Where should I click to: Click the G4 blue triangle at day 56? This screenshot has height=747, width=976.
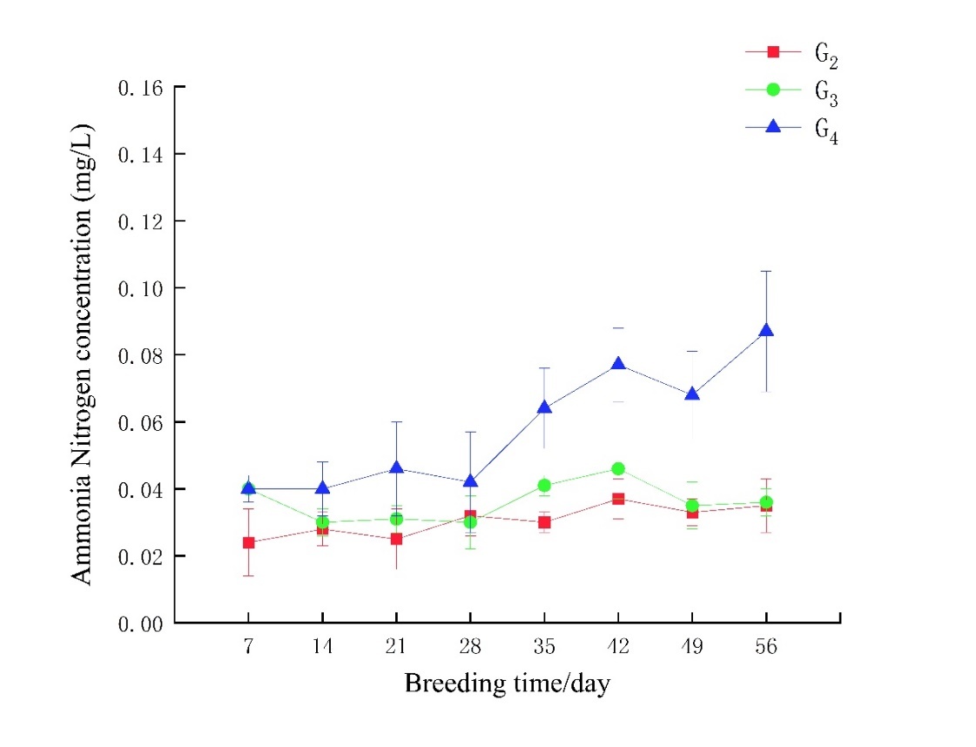point(766,331)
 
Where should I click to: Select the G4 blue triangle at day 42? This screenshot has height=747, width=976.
point(618,364)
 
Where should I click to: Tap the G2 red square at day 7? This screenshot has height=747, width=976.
point(248,542)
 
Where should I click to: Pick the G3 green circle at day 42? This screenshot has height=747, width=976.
point(618,468)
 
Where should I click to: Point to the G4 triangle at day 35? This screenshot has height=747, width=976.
point(544,407)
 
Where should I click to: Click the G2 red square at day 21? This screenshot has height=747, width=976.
point(396,539)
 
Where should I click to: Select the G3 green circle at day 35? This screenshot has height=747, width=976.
point(544,485)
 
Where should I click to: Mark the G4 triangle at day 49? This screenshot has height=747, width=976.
point(692,394)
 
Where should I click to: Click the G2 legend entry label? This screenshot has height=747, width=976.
point(825,54)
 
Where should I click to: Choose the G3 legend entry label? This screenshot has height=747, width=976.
point(825,91)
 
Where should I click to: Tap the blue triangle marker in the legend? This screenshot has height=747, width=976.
point(771,127)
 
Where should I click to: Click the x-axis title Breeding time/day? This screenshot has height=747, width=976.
point(507,683)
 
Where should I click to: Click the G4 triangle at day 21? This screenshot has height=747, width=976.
point(396,468)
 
